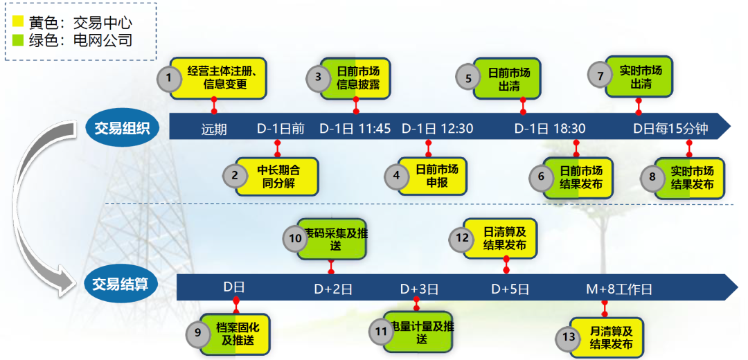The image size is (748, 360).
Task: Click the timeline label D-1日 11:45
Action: [x=355, y=129]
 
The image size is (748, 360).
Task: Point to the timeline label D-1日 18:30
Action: [x=550, y=129]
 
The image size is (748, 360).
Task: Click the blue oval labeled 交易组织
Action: [x=122, y=127]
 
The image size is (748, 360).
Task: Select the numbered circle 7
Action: [x=600, y=75]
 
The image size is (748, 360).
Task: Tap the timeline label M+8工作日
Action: [x=619, y=289]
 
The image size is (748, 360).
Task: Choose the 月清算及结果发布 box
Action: [x=610, y=337]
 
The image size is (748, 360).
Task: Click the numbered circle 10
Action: [x=295, y=238]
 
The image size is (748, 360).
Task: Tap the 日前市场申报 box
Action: [x=436, y=176]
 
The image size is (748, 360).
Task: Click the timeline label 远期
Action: [x=214, y=129]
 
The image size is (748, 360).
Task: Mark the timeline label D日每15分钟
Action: [x=670, y=129]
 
